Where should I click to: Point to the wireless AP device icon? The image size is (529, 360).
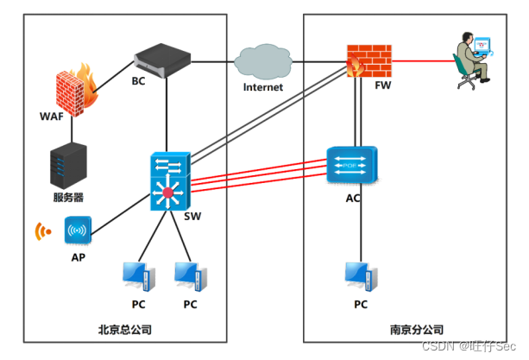coord(77,231)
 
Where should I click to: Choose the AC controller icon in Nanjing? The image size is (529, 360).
coord(352,164)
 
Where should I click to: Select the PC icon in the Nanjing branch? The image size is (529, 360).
coord(360,276)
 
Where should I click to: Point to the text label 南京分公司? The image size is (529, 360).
coord(416,329)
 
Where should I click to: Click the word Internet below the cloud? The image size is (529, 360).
coord(262,87)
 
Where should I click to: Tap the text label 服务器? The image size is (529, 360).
coord(68,197)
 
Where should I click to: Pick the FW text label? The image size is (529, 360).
coord(382,86)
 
